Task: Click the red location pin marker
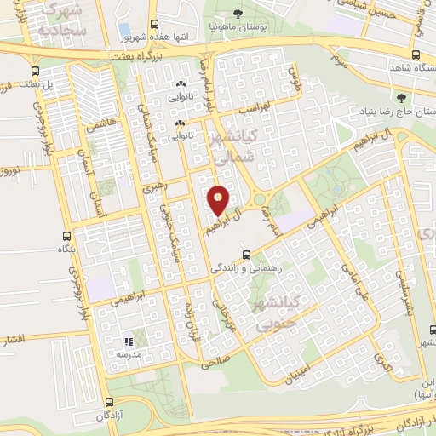pos(219,201)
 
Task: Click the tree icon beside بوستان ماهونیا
pos(238,13)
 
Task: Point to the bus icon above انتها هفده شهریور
pos(153,25)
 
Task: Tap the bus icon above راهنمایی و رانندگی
pos(245,254)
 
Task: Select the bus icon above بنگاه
pos(66,236)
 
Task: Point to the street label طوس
pos(295,83)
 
